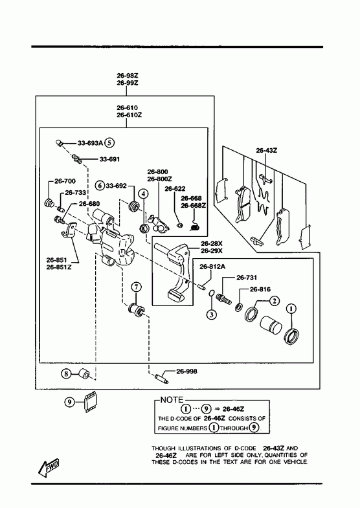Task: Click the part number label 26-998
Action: point(186,371)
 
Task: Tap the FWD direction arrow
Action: point(49,468)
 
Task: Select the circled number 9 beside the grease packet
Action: point(69,403)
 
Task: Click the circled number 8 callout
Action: point(66,374)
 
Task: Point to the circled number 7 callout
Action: point(136,287)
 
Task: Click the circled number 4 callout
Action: point(143,193)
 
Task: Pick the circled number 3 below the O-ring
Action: point(211,314)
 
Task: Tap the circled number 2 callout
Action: point(274,301)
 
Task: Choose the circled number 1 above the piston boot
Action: point(291,309)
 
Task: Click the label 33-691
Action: point(109,159)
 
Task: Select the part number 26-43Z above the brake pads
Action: point(267,150)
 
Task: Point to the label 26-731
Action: point(247,278)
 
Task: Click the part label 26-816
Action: point(260,289)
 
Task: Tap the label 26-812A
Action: point(212,267)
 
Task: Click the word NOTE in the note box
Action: point(172,400)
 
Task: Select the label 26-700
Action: point(65,181)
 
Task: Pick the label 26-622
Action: point(175,188)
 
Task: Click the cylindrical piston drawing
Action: point(271,325)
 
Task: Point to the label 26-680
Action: point(89,203)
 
